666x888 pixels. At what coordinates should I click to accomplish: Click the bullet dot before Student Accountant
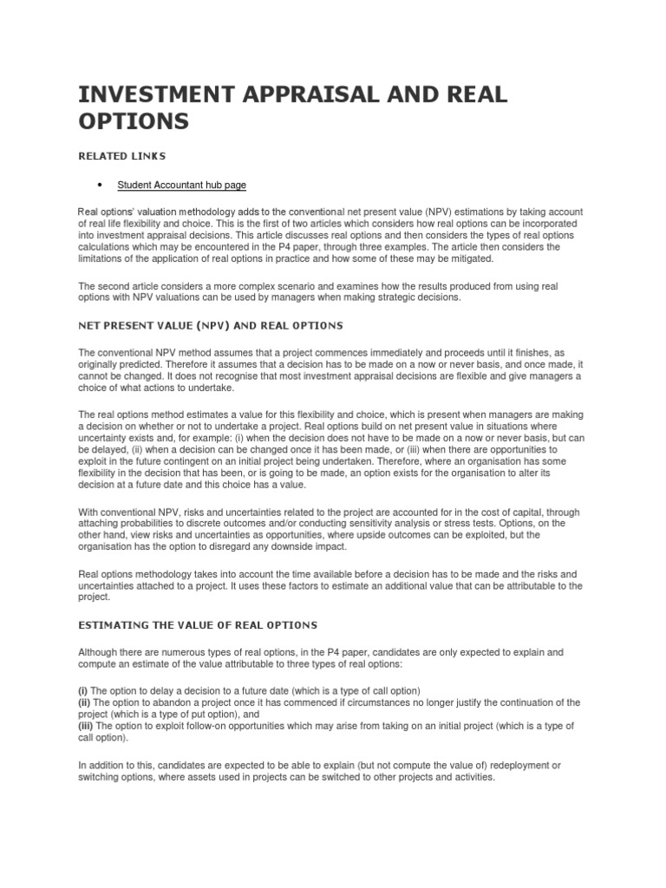[101, 185]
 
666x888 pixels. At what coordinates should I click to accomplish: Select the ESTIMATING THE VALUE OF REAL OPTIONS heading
[198, 624]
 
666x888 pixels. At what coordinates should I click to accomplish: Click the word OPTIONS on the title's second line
[133, 122]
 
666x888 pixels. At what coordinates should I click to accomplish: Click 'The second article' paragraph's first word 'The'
[88, 286]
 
